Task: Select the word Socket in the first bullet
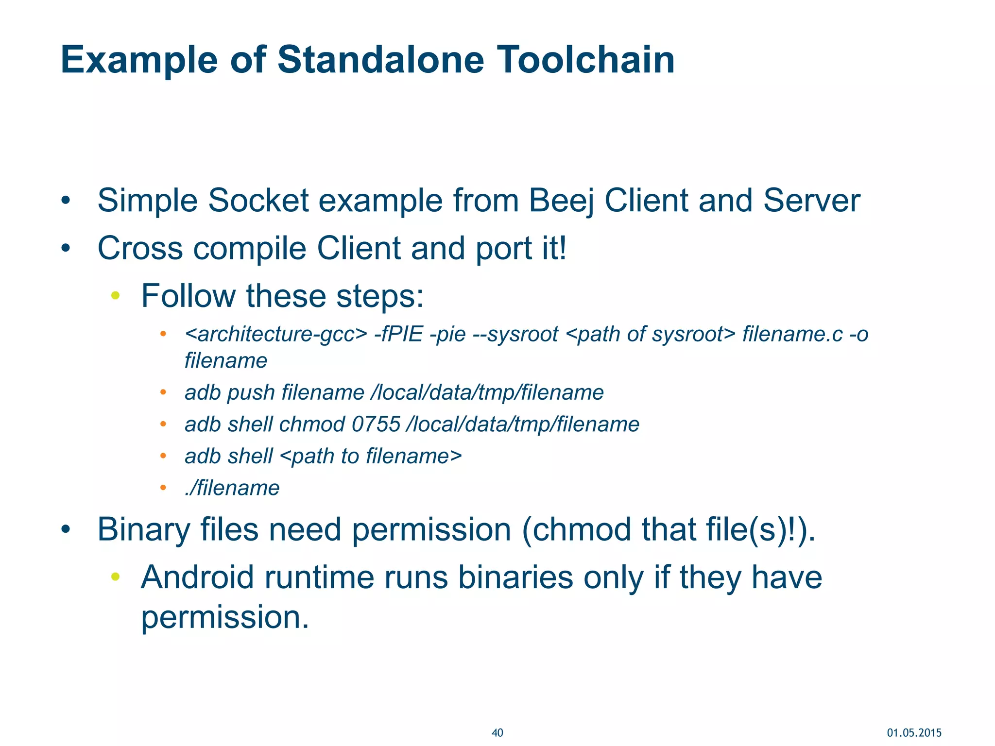258,201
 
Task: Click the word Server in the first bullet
811,201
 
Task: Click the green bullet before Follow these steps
115,295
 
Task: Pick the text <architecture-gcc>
276,335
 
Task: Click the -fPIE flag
398,335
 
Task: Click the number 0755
376,424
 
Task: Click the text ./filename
232,488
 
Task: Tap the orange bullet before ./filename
163,487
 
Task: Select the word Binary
143,529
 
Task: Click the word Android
197,577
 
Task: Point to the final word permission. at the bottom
225,617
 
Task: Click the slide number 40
497,733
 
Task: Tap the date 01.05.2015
914,733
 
